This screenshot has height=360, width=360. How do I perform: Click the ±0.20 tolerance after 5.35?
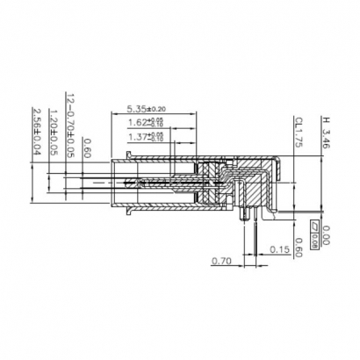pyautogui.click(x=159, y=109)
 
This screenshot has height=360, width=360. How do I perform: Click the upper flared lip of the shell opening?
pyautogui.click(x=130, y=158)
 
